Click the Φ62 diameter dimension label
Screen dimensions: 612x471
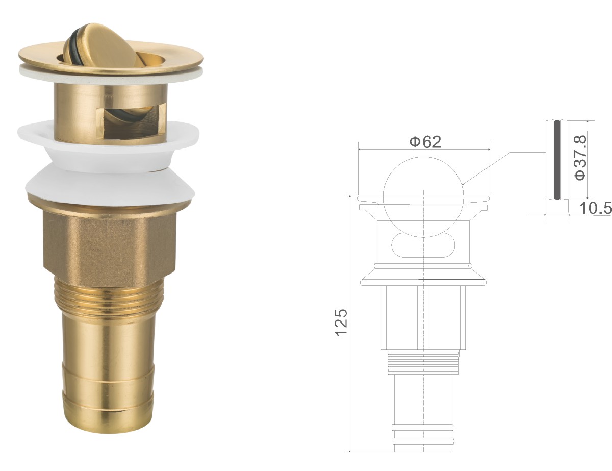pos(425,142)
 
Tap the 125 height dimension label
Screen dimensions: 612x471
pos(341,323)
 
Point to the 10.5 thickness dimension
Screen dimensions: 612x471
pos(595,209)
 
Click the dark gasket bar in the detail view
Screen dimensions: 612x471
pos(557,160)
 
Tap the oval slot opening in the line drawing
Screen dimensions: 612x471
pos(423,245)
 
